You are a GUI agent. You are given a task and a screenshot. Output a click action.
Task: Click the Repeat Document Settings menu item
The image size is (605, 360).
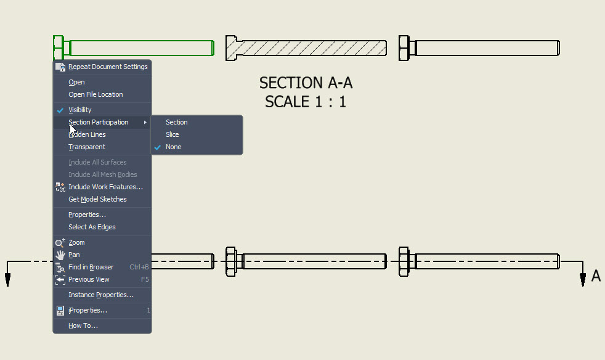[x=108, y=67]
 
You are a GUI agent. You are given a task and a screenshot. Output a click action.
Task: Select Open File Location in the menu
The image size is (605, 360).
[x=95, y=94]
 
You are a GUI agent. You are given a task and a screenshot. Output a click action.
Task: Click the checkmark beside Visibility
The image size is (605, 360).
[x=60, y=110]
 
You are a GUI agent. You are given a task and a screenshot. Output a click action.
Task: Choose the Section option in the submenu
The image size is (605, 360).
[x=176, y=122]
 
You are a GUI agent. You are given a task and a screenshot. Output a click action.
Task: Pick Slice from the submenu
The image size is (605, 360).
[x=172, y=134]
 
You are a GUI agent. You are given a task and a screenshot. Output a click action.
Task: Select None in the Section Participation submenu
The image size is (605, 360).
[x=173, y=147]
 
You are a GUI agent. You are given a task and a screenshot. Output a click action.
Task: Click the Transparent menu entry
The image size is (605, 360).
[x=86, y=147]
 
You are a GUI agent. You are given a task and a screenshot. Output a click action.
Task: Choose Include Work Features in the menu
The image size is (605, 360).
[x=105, y=187]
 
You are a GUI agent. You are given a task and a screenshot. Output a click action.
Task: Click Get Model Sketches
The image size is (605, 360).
[x=97, y=199]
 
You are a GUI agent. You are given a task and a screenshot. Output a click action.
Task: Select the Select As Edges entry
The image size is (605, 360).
[x=92, y=227]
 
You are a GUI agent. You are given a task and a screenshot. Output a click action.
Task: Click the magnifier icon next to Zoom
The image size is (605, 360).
[x=60, y=243]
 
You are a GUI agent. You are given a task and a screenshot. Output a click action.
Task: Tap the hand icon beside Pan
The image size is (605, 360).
[x=60, y=255]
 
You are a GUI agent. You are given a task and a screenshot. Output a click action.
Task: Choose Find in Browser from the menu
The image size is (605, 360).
[x=91, y=268]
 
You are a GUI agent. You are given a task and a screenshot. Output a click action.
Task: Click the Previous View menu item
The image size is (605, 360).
[x=89, y=280]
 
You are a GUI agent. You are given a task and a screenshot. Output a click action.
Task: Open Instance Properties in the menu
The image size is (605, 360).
[x=100, y=295]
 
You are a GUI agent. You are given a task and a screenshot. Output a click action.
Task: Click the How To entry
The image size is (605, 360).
[x=83, y=326]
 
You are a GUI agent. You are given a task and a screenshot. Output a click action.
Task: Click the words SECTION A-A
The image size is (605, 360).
[x=306, y=83]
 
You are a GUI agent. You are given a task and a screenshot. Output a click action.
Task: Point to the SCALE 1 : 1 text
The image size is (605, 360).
[x=305, y=102]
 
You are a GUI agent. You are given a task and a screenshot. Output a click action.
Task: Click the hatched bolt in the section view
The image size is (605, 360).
[x=306, y=48]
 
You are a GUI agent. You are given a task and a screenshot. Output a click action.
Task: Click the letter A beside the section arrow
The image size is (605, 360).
[x=596, y=276]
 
